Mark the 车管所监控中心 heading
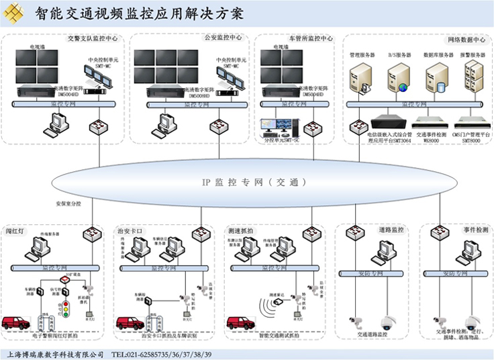click(311, 38)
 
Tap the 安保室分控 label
click(67, 203)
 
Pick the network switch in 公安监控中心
click(219, 126)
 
